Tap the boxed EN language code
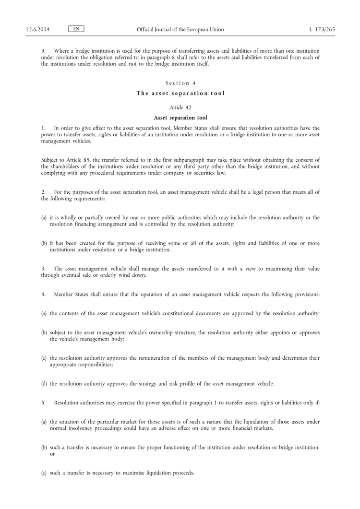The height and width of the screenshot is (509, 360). [x=76, y=29]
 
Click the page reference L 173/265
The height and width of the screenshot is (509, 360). [x=322, y=30]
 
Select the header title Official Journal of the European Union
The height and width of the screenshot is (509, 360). [x=180, y=30]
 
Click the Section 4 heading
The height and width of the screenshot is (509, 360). [x=180, y=83]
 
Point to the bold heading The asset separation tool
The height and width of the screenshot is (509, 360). [x=180, y=94]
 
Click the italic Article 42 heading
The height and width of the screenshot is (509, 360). [x=180, y=107]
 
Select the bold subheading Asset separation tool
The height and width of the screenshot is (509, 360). [x=180, y=118]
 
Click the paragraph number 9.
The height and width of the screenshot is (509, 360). [x=43, y=51]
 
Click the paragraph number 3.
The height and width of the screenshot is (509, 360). [x=43, y=269]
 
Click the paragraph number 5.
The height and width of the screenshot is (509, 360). [x=43, y=402]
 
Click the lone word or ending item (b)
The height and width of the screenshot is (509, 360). [x=53, y=454]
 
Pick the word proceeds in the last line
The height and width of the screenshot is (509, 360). [x=182, y=473]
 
